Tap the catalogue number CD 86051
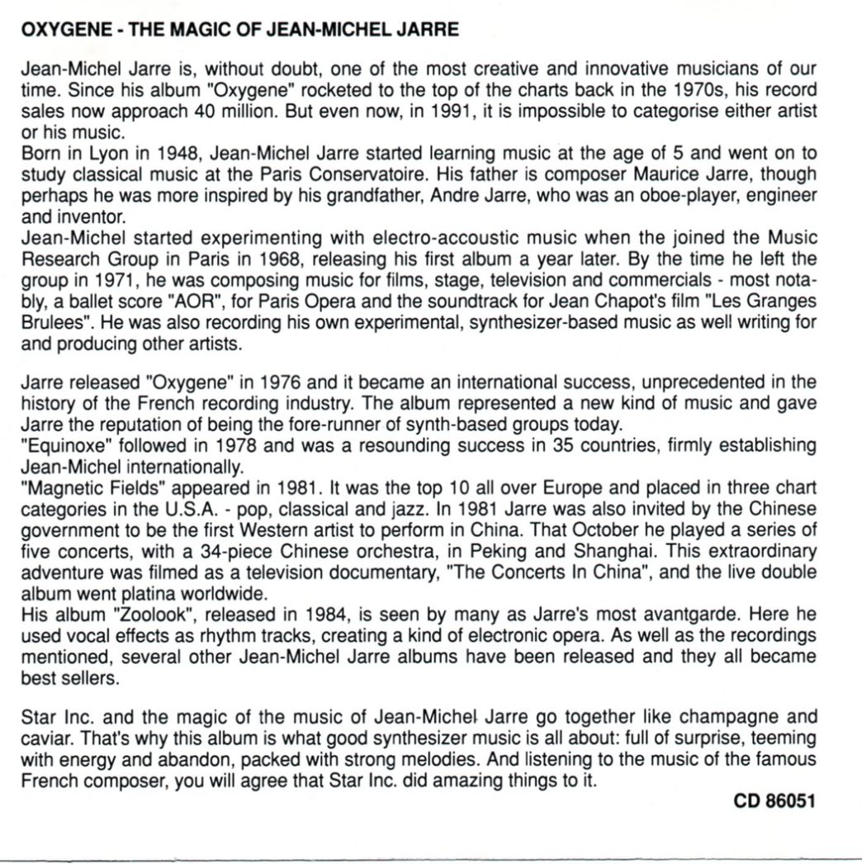(775, 801)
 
